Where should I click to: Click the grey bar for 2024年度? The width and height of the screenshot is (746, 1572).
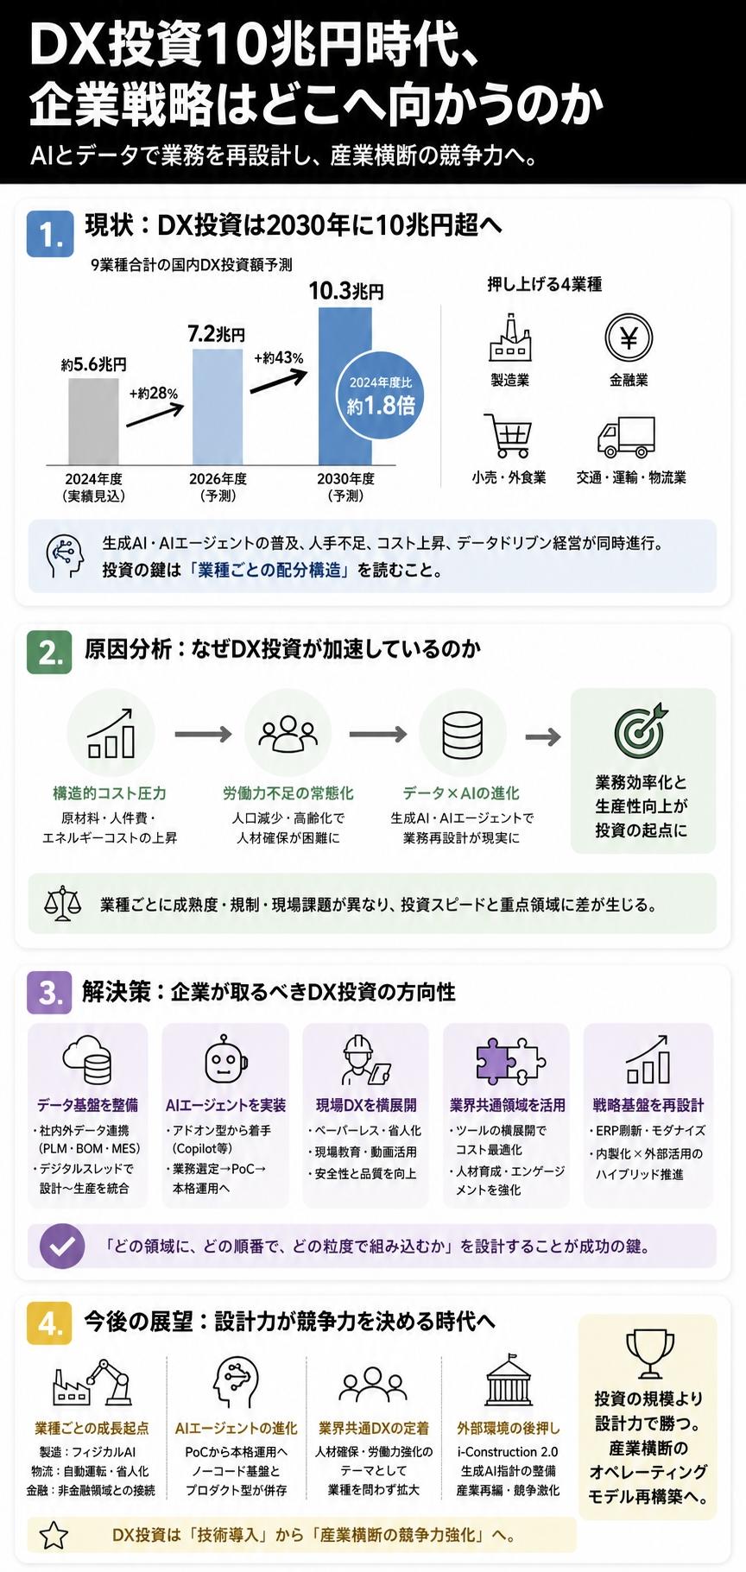coord(93,422)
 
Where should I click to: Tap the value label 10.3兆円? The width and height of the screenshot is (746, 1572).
coord(346,290)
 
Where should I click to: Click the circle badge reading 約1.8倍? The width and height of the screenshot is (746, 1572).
coord(381,396)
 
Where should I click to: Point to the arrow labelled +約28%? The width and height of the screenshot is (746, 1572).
coord(155,414)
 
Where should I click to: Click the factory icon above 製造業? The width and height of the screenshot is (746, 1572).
coord(510,338)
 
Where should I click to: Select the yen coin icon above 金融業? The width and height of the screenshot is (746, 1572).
coord(629,338)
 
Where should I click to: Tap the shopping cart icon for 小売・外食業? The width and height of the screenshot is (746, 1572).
coord(509,436)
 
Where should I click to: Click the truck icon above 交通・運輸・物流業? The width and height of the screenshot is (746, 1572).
coord(627,438)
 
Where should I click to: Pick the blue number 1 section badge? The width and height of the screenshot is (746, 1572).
coord(50,233)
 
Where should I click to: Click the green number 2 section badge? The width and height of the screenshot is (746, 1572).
coord(50,652)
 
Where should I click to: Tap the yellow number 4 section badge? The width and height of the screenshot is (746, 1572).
coord(50,1323)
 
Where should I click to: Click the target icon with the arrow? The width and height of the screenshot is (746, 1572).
coord(641,729)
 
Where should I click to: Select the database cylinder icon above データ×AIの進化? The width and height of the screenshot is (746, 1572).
coord(463,734)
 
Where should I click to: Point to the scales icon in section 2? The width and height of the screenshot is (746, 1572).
coord(63,904)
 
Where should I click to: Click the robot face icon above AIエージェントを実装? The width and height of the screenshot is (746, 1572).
coord(226,1059)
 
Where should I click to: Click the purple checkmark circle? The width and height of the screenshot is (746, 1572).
coord(62,1246)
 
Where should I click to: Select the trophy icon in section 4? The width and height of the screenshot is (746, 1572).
coord(649,1354)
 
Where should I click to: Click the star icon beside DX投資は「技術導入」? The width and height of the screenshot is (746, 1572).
coord(54,1535)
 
